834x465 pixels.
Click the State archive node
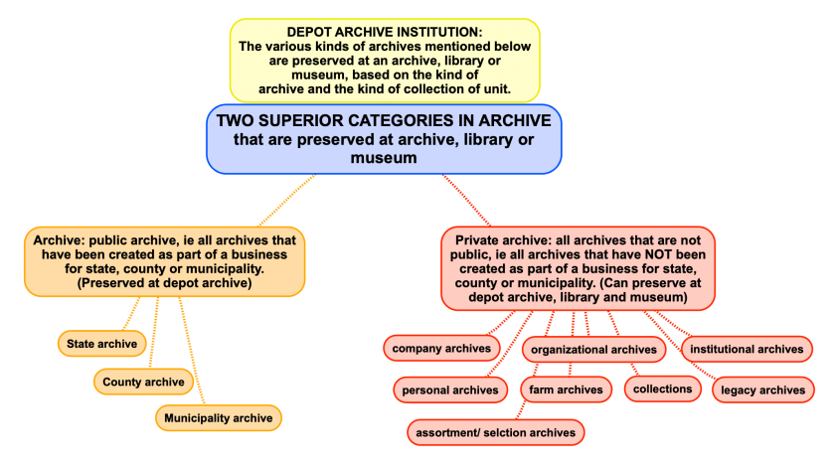point(101,344)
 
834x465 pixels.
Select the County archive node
point(143,381)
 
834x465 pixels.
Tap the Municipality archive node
point(218,417)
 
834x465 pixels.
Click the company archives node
point(441,348)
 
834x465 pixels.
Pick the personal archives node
point(449,389)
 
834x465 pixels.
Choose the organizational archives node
point(593,349)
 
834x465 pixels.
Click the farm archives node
point(566,389)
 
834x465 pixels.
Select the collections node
point(663,388)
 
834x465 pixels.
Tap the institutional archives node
point(747,349)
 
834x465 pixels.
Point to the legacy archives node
point(760,389)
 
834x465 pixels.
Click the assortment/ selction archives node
point(496,432)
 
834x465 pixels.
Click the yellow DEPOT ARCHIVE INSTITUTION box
point(385,60)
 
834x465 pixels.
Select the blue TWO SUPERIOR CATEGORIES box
point(385,139)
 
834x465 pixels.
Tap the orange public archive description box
point(165,261)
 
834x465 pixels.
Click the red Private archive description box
point(578,268)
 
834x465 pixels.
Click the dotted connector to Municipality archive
point(194,356)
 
